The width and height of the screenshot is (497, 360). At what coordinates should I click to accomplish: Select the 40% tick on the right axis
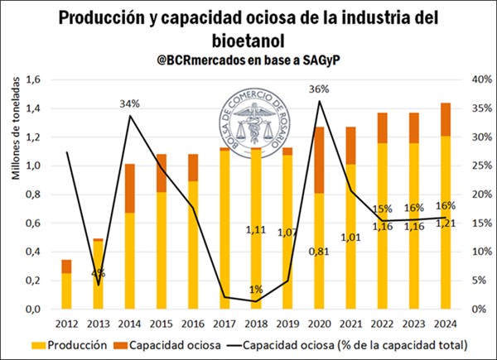click(x=471, y=79)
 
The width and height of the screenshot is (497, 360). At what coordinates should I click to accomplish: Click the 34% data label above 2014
click(x=130, y=104)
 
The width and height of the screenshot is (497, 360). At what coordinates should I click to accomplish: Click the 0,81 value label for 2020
click(x=320, y=251)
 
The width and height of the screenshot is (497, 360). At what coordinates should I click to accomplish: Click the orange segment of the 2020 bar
click(x=320, y=160)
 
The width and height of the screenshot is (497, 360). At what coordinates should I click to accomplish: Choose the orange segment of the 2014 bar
click(x=130, y=188)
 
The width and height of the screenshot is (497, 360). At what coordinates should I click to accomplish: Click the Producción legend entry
click(x=69, y=343)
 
